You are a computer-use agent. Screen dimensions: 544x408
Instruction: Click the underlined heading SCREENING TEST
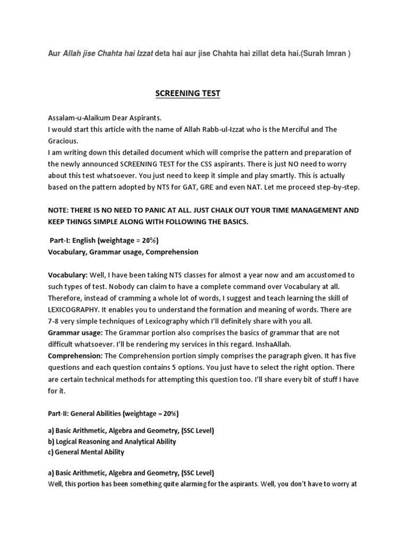click(x=188, y=94)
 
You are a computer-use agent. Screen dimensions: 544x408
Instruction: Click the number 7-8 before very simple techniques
click(x=56, y=320)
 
